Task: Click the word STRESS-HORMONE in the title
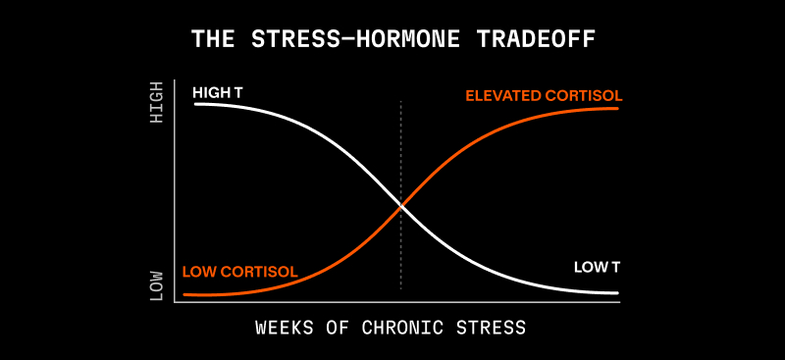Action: click(355, 39)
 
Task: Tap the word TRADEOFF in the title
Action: click(535, 39)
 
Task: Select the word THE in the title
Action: click(213, 39)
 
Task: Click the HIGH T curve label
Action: click(217, 92)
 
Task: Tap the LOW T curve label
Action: click(597, 268)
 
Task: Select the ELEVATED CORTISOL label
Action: click(545, 95)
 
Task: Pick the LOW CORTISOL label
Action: click(240, 272)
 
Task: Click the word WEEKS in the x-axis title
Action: click(285, 328)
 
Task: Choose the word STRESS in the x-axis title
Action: click(492, 328)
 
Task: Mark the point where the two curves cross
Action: click(400, 206)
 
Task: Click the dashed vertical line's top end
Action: click(400, 101)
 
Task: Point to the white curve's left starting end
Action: click(195, 104)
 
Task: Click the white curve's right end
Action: click(618, 293)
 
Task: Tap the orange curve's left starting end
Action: click(184, 294)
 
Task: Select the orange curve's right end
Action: click(618, 109)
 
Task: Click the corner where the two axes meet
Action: click(175, 302)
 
